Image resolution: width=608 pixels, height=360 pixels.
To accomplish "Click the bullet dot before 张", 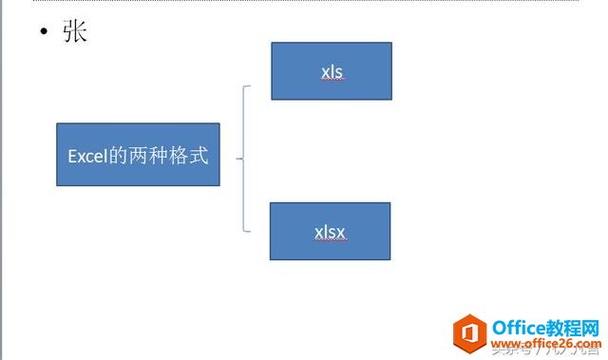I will coord(44,33).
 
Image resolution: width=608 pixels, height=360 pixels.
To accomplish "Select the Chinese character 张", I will coord(74,32).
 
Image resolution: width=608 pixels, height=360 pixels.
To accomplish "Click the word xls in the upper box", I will coord(332,70).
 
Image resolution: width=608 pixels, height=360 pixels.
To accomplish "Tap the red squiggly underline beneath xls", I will coord(332,80).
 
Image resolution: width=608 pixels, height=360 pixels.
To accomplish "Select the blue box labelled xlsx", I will coord(330,231).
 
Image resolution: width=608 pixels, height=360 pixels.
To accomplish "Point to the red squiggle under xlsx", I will coord(331,241).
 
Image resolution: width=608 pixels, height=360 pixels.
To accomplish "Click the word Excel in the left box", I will coord(87,155).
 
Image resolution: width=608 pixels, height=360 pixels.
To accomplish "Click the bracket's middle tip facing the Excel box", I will coord(238,159).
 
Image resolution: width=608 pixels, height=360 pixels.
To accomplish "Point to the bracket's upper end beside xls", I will coord(250,87).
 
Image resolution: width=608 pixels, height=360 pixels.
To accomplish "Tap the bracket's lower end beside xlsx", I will coord(250,230).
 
